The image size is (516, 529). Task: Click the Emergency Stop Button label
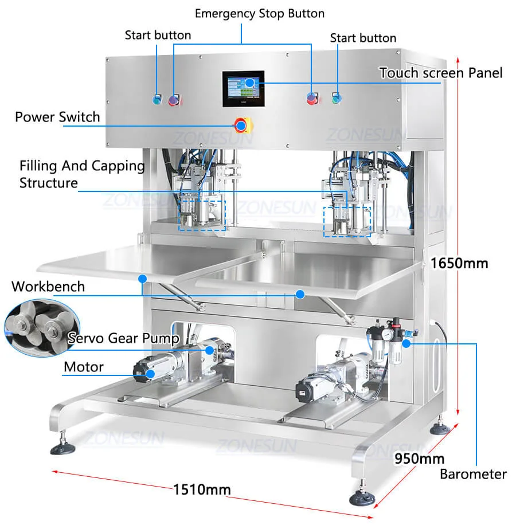tap(259, 13)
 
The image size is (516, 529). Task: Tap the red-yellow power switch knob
tap(241, 124)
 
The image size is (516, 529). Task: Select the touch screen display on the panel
tap(243, 88)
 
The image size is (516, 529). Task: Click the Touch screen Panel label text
tap(440, 73)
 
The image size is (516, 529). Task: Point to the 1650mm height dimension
tap(459, 263)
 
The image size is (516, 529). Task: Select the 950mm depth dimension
tap(419, 459)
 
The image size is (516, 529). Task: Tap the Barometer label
tap(473, 474)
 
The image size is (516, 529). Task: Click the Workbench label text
tap(48, 286)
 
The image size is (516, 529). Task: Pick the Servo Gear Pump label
tap(123, 338)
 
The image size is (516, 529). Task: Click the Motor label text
tap(84, 367)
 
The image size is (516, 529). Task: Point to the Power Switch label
tap(57, 117)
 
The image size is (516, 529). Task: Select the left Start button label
tap(158, 35)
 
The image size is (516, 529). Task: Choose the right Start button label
tap(363, 38)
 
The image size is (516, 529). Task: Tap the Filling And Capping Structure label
tap(81, 174)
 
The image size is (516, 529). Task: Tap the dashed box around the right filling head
tap(347, 221)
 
